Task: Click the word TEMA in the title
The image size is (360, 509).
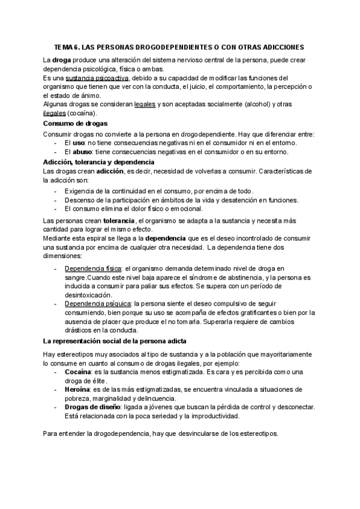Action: pos(62,46)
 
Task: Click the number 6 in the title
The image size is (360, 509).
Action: pos(76,46)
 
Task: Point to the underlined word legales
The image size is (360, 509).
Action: pos(145,104)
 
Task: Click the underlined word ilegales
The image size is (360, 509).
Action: pos(55,113)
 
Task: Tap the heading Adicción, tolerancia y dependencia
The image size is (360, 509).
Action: pos(99,162)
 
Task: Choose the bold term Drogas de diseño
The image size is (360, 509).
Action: pos(89,408)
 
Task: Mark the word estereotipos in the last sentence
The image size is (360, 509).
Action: pos(254,433)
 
